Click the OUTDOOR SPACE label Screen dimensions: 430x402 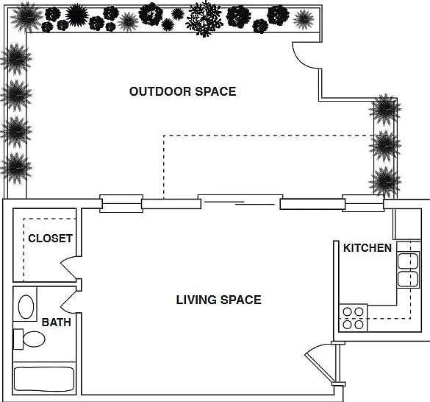[182, 91]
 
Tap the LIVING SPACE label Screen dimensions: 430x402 [218, 300]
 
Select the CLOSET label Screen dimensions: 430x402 [51, 239]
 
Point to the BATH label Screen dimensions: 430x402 [56, 322]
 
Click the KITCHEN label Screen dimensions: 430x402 [368, 248]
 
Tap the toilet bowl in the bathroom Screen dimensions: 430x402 [34, 339]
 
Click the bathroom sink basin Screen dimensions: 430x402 [26, 306]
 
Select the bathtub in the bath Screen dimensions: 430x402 [44, 379]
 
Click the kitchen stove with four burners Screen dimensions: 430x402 [353, 318]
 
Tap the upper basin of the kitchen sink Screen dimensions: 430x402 [408, 261]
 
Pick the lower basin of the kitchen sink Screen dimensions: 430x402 [408, 279]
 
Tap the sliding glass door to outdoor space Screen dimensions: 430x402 [240, 202]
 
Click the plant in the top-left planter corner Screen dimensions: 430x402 [26, 17]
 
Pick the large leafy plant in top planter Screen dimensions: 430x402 [204, 18]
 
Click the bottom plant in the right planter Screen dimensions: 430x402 [385, 182]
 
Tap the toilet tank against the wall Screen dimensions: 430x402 [18, 339]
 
